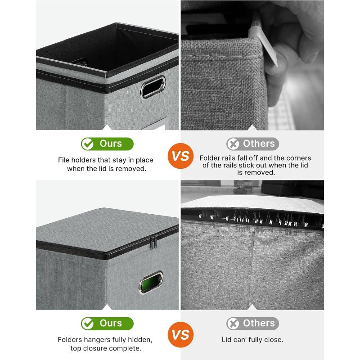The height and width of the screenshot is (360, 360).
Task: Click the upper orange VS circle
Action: click(180, 156)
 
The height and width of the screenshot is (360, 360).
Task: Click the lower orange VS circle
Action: click(180, 335)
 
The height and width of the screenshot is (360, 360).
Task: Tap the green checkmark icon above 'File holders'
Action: click(87, 144)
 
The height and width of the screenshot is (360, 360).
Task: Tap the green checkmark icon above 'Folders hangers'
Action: click(87, 324)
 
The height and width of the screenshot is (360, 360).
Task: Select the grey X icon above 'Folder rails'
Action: click(233, 144)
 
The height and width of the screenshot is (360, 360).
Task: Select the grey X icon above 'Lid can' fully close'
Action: click(233, 324)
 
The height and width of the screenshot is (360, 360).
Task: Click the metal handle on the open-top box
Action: click(153, 87)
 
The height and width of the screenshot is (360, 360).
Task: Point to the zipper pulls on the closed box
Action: click(153, 243)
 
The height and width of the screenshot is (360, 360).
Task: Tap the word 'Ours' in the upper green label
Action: click(111, 144)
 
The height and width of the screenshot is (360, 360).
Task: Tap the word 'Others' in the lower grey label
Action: click(259, 324)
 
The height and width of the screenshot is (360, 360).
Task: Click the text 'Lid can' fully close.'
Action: click(252, 340)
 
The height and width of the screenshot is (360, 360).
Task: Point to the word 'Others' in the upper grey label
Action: click(259, 144)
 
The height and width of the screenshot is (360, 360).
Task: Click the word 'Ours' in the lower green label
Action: click(111, 324)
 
